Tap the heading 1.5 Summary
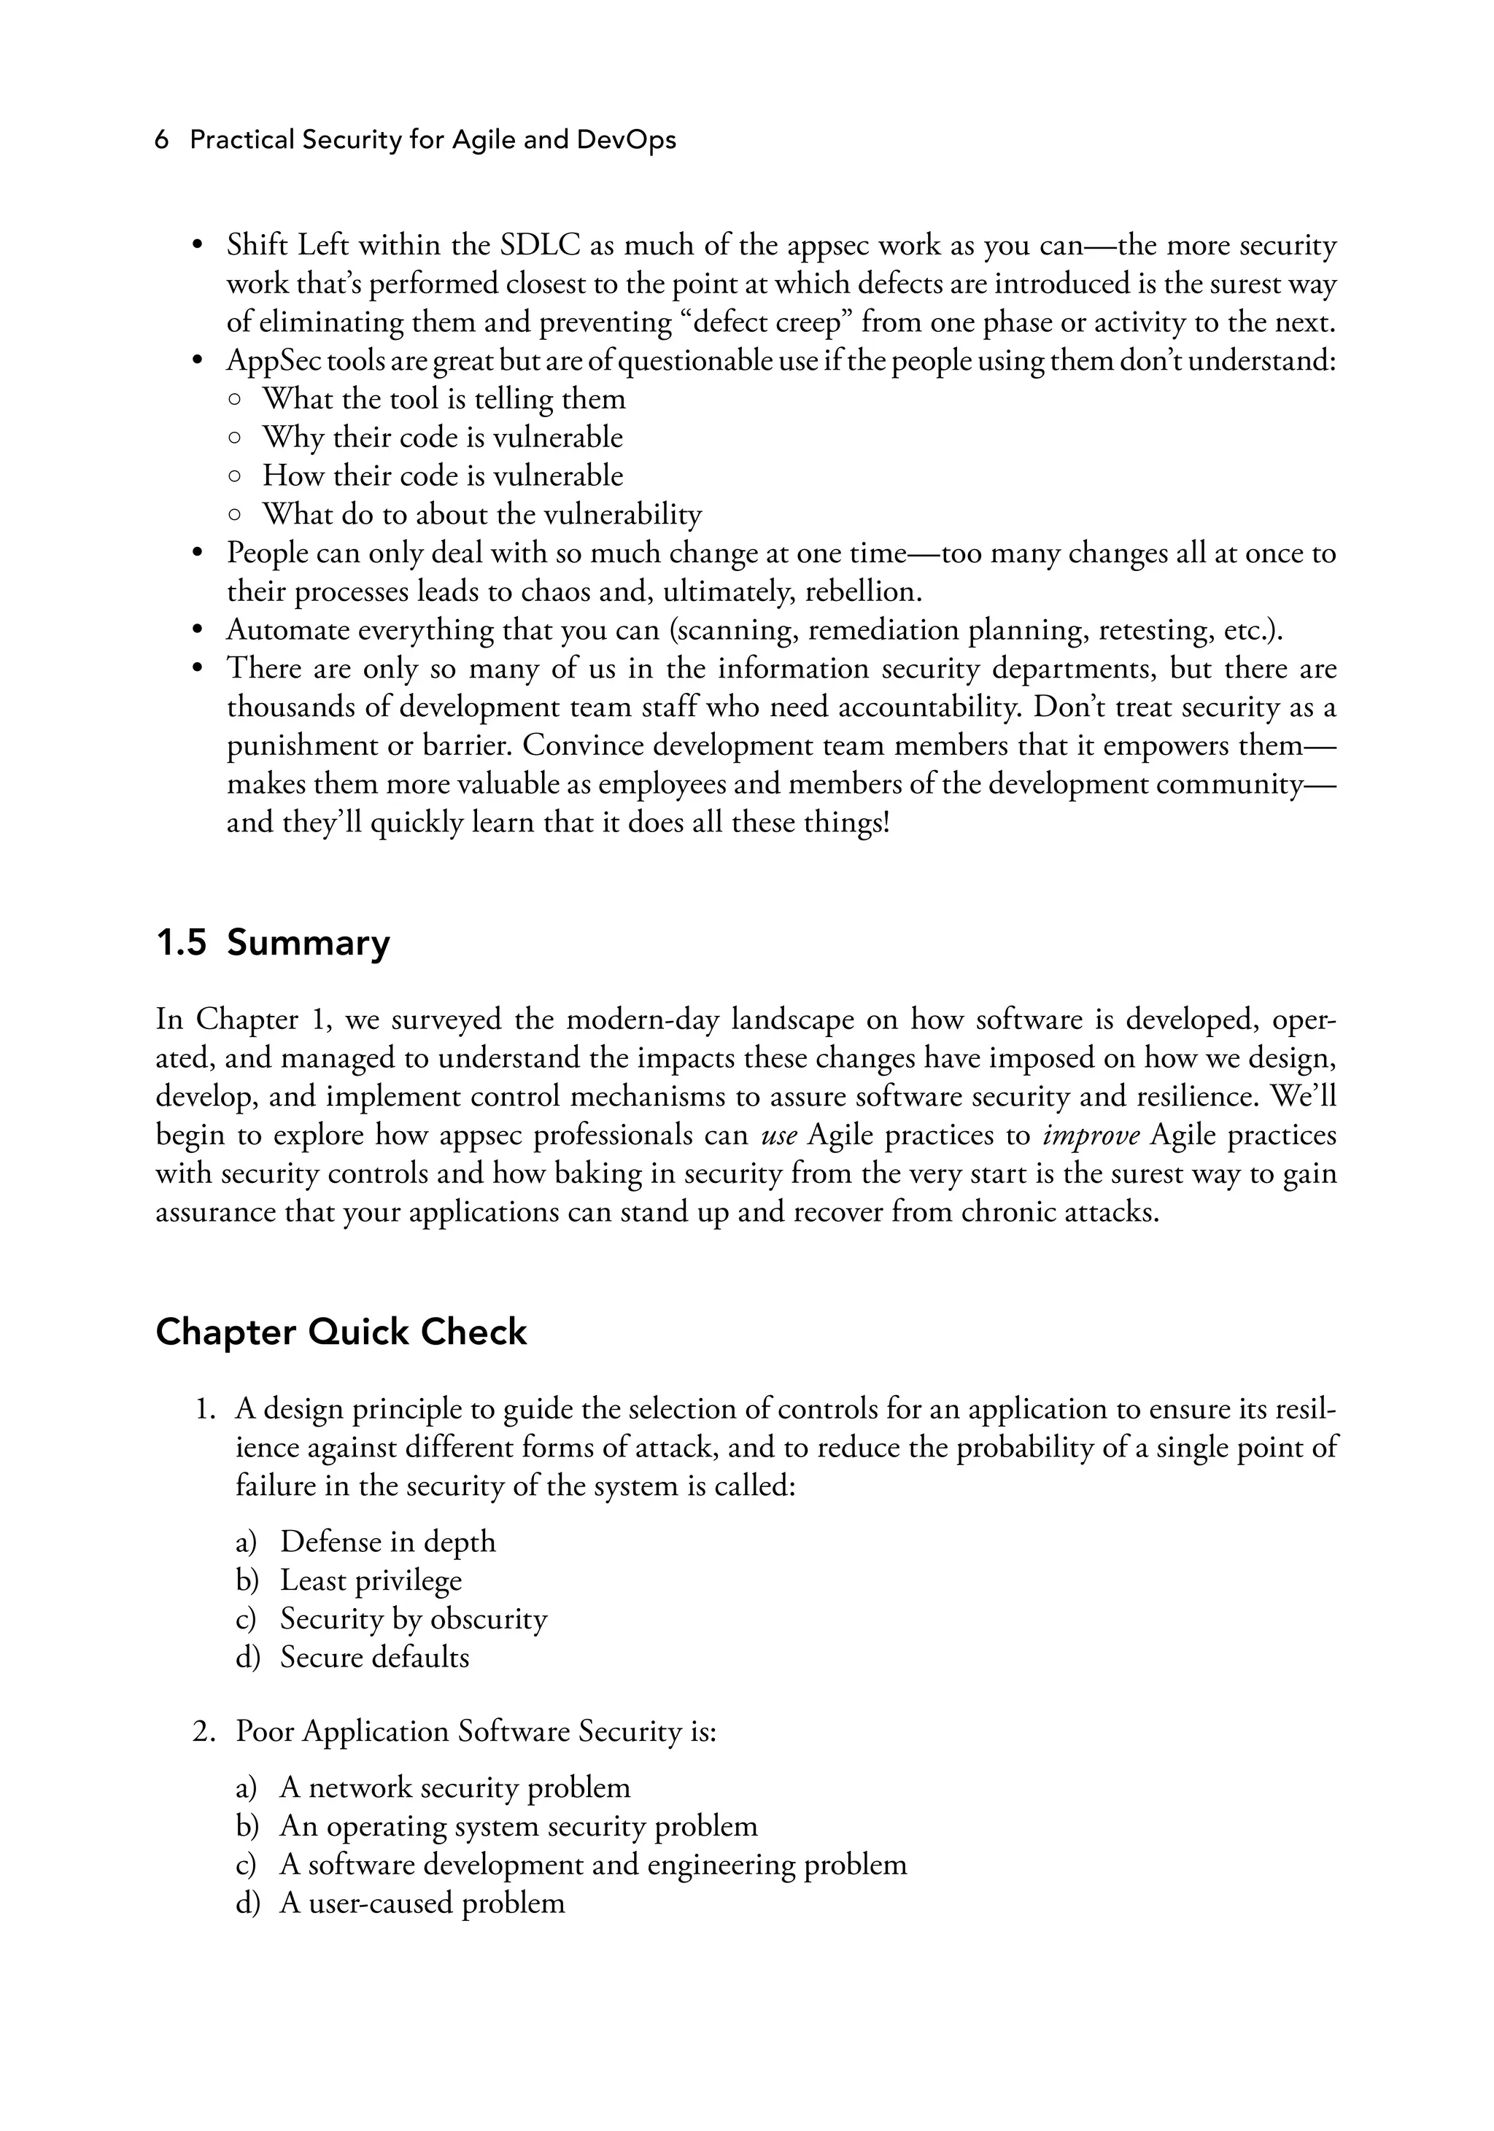tap(273, 943)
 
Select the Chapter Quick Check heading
tap(341, 1332)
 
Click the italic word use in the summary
tap(779, 1135)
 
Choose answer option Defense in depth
tap(387, 1542)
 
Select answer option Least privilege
tap(371, 1580)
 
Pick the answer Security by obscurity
tap(413, 1618)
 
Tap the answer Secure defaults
tap(374, 1657)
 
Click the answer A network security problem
tap(454, 1788)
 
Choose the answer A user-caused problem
tap(422, 1903)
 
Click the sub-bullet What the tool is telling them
tap(444, 399)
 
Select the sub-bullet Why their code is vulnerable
tap(442, 437)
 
